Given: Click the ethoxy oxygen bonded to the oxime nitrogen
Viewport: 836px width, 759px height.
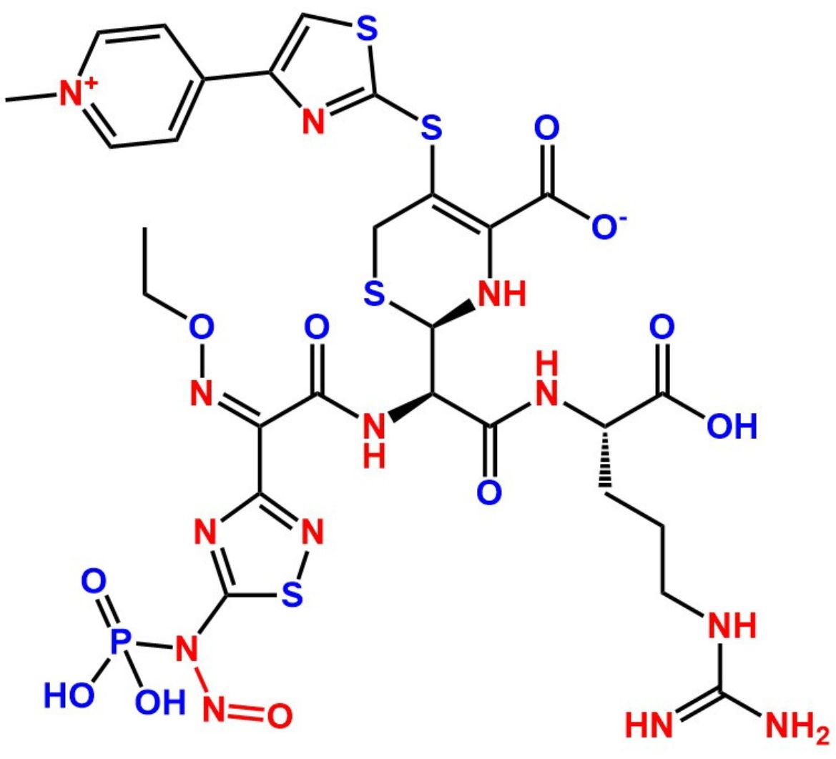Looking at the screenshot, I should point(202,328).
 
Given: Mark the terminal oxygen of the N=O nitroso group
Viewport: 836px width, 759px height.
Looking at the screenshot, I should point(279,714).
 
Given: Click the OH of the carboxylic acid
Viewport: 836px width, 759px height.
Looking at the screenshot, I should point(730,427).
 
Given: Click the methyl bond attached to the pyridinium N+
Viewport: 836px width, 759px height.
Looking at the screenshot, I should point(30,98).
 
